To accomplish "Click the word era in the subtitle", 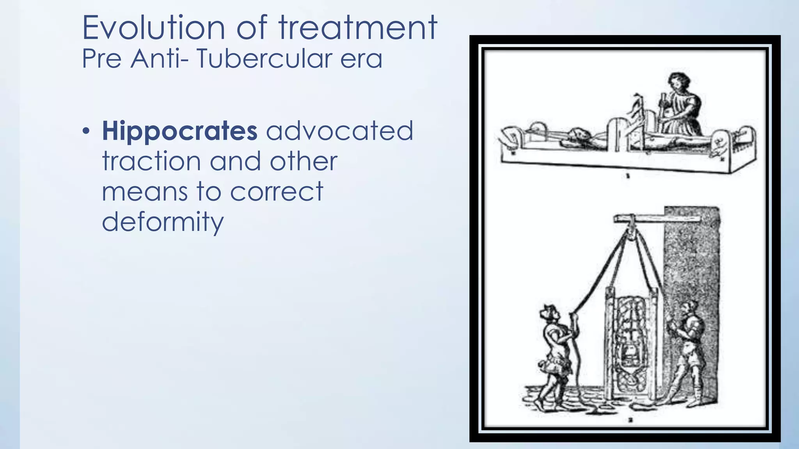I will coord(361,60).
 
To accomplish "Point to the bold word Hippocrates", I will coord(179,131).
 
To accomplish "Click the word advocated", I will coord(339,131).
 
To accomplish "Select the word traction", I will coord(151,161).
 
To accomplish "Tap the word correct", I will coord(277,191).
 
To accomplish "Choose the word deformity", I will coord(163,222).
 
